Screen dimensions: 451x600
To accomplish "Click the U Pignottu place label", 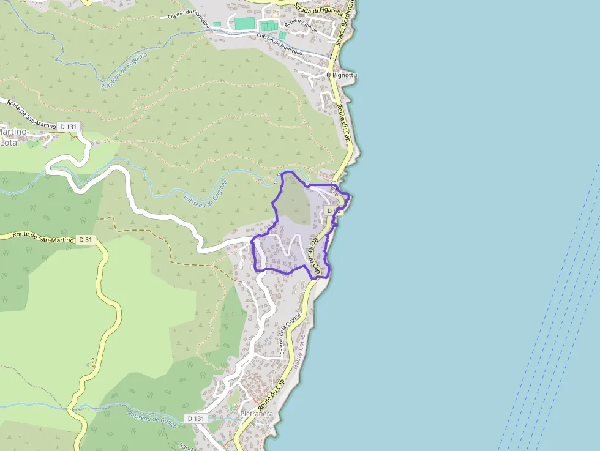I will click(x=342, y=75).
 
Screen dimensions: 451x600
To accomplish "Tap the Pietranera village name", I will click(x=257, y=414).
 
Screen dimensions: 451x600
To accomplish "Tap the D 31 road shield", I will click(x=86, y=239).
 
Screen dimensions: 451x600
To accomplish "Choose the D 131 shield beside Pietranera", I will click(x=196, y=419).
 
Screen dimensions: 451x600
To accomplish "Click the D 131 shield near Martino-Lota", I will click(x=69, y=127).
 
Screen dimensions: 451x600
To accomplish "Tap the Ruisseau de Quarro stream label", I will click(x=152, y=419).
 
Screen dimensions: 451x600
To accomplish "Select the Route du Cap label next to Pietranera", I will click(x=272, y=395).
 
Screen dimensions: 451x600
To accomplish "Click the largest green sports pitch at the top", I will click(x=244, y=23).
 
